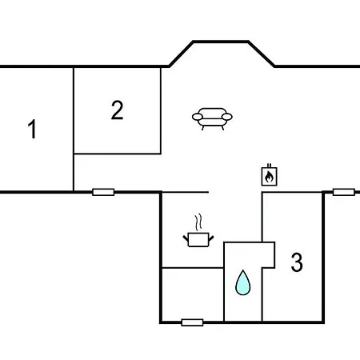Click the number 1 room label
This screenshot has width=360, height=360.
click(x=32, y=129)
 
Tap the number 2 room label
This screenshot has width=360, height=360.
click(x=117, y=110)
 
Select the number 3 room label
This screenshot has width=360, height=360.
click(x=297, y=262)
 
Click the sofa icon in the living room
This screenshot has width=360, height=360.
click(x=212, y=118)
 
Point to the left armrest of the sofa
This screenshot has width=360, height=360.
click(x=198, y=117)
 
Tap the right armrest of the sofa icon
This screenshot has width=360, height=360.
click(x=227, y=117)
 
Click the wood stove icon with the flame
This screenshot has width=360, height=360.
click(x=269, y=175)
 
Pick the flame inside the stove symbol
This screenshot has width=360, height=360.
click(x=269, y=177)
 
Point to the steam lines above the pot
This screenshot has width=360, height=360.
click(x=198, y=222)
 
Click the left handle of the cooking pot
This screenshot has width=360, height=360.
click(x=186, y=238)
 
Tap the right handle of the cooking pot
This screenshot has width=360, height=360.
click(x=211, y=238)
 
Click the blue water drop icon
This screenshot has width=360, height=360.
click(x=243, y=282)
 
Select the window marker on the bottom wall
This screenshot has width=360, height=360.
click(x=192, y=322)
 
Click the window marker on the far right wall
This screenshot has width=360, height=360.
click(x=344, y=192)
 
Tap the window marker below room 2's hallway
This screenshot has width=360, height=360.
click(x=103, y=192)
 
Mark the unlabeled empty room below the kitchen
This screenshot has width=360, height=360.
click(x=193, y=294)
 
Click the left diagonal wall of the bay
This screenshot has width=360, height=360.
click(x=181, y=54)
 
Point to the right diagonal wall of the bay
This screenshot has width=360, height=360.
click(x=262, y=54)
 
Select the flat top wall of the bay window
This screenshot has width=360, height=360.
click(x=221, y=42)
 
